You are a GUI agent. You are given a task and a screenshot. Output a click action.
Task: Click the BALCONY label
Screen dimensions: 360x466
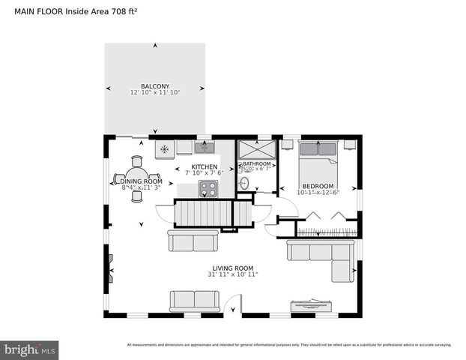(x=155, y=85)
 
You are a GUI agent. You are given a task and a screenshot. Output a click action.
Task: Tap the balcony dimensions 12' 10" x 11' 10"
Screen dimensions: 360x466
(x=155, y=92)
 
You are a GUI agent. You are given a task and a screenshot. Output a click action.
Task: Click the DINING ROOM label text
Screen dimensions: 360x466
(x=142, y=181)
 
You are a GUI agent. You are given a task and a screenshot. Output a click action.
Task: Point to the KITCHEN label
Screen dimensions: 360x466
(x=205, y=167)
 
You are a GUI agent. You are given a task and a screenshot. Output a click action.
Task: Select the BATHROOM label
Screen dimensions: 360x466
(x=256, y=163)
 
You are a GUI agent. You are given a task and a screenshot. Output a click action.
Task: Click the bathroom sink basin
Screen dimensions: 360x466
(x=245, y=183)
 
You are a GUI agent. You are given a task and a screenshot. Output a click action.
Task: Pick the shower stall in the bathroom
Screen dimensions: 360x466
(x=257, y=148)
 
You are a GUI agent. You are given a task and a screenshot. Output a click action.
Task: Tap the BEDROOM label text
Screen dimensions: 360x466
(x=318, y=186)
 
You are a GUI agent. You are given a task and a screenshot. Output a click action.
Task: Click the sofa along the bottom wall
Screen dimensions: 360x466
(x=195, y=300)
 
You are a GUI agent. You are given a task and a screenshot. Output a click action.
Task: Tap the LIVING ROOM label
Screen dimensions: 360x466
(x=233, y=268)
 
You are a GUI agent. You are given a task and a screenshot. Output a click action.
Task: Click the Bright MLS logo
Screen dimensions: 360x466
(x=30, y=349)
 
